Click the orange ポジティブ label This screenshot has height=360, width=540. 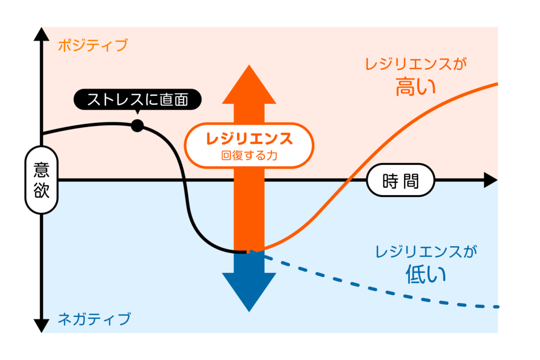click(92, 45)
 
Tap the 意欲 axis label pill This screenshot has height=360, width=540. click(41, 180)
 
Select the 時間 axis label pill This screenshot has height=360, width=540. click(401, 181)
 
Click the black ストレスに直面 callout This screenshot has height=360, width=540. click(138, 99)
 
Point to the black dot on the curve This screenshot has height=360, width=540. click(137, 125)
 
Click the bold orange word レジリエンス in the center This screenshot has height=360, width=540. click(249, 139)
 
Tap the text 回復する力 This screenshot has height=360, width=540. click(249, 156)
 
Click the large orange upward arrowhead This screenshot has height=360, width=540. click(249, 84)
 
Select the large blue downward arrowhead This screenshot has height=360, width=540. click(249, 290)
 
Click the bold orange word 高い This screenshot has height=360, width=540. click(416, 85)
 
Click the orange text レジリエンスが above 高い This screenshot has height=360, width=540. click(417, 65)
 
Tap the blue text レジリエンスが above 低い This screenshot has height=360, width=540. click(426, 252)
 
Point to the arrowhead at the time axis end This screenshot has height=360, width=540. click(490, 180)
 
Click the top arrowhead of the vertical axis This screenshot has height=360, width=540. click(41, 34)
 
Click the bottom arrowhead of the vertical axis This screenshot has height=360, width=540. click(41, 325)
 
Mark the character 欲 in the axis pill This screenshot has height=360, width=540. click(41, 190)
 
